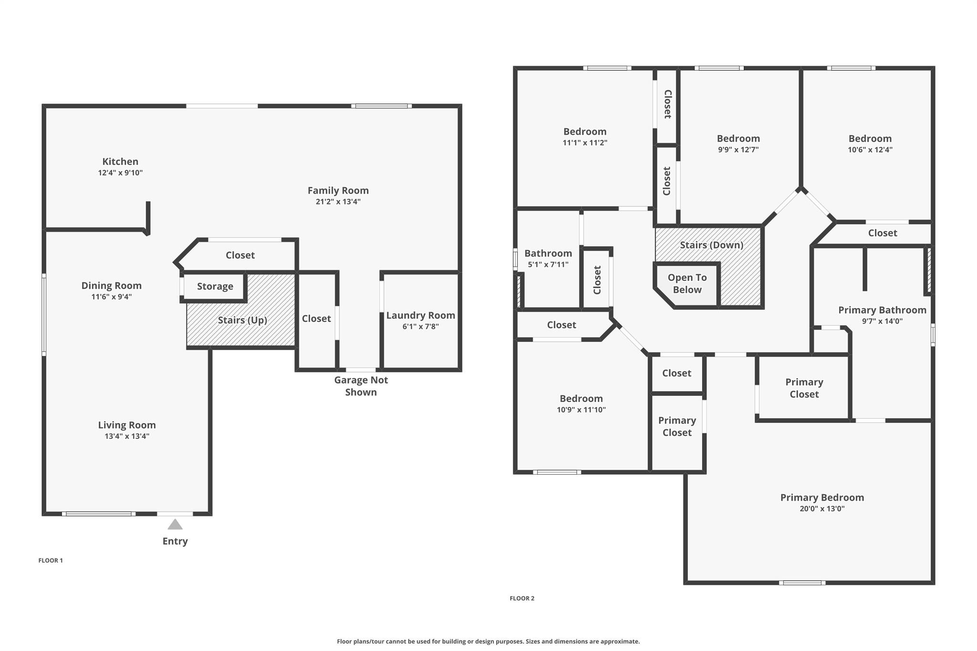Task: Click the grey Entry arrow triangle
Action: [x=175, y=525]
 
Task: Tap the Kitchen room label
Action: [x=120, y=162]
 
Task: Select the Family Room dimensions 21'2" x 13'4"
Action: [x=338, y=202]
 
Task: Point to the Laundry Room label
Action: [x=420, y=315]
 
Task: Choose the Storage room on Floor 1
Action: [x=214, y=287]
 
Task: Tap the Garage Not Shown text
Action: [x=361, y=386]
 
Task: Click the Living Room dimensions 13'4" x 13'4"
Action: [x=127, y=436]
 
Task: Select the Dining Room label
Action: [x=112, y=286]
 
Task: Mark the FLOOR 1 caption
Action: [x=51, y=560]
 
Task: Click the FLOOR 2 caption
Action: [x=522, y=598]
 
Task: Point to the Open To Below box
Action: [x=687, y=284]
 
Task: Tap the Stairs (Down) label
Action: [x=711, y=245]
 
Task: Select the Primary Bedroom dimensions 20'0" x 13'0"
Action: [x=822, y=509]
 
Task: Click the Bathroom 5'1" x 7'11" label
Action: [x=548, y=258]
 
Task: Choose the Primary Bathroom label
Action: [x=882, y=310]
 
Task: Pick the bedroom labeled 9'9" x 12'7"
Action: [x=738, y=143]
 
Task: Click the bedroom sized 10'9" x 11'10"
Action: [x=581, y=403]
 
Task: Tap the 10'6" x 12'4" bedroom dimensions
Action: [x=870, y=150]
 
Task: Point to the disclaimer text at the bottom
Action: [x=488, y=641]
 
